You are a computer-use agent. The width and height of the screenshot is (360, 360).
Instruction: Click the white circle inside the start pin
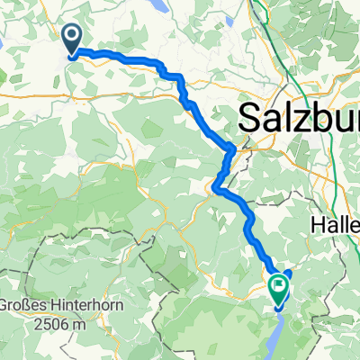point(71,35)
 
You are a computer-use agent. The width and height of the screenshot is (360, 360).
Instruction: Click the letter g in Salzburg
point(338,120)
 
